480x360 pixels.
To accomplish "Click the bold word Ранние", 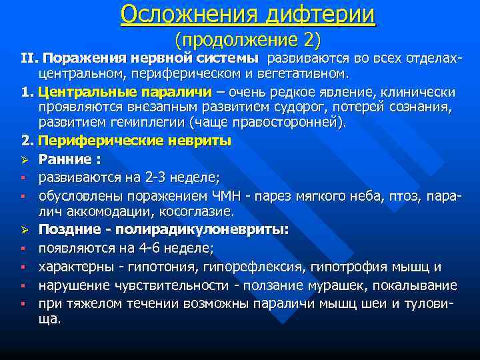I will pos(66,159).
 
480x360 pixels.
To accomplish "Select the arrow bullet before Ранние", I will pos(23,159).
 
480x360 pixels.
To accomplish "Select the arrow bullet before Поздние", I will pos(23,230).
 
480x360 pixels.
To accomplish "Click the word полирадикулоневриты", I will pos(202,230).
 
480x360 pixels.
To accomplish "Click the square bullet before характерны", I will pos(23,267).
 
